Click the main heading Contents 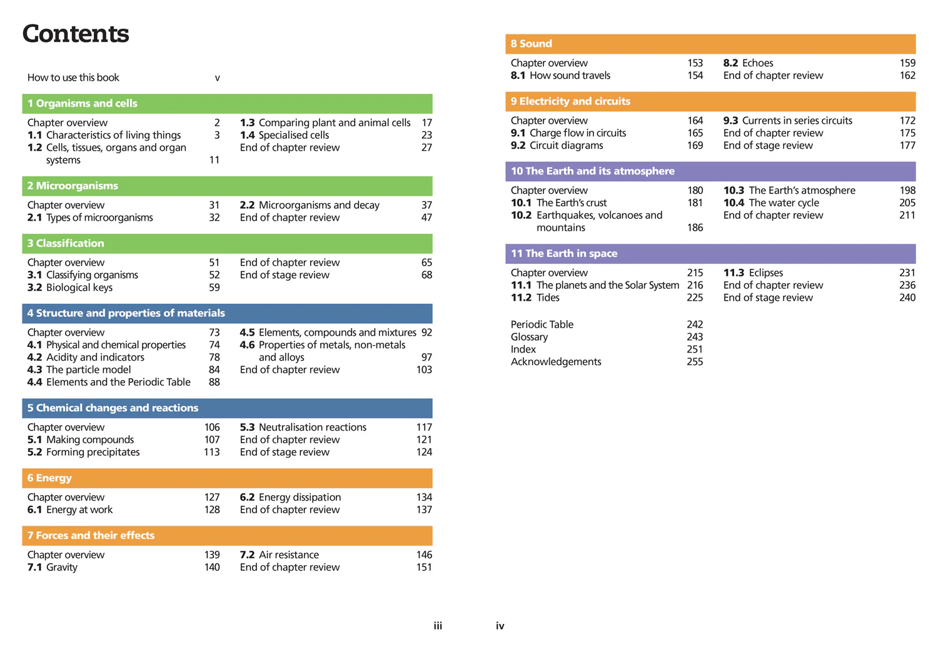tap(76, 34)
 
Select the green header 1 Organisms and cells tap(227, 103)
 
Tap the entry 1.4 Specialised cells tap(285, 135)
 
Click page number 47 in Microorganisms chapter tap(426, 218)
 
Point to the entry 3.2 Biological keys tap(70, 288)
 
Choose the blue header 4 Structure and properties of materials tap(227, 313)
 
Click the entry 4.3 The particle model tap(79, 369)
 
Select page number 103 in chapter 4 tap(424, 369)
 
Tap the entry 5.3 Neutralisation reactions tap(303, 428)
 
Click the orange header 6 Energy tap(227, 478)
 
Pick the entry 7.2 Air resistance tap(280, 555)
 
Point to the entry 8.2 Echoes tap(748, 63)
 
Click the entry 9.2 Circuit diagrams tap(557, 146)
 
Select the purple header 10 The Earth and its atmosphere tap(710, 171)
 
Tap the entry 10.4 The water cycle tap(771, 203)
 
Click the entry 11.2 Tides tap(535, 298)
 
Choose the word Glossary tap(529, 338)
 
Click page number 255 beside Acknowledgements tap(695, 361)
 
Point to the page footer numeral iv tap(500, 626)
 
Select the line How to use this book tap(73, 78)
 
